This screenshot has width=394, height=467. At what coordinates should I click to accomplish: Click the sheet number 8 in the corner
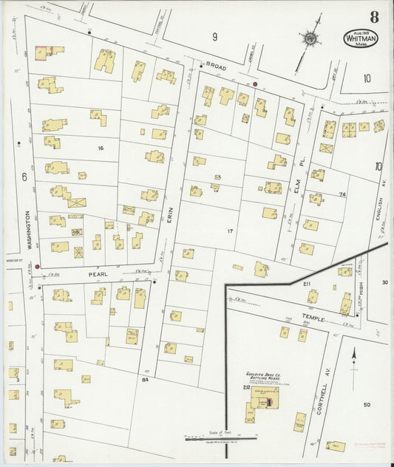(375, 16)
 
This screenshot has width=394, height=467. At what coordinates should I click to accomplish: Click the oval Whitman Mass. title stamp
(359, 38)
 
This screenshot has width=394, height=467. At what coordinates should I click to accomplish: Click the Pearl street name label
(98, 274)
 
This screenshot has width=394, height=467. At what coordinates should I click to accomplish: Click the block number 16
(100, 149)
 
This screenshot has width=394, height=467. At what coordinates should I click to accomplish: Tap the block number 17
(230, 231)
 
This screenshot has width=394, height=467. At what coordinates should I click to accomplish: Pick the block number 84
(145, 380)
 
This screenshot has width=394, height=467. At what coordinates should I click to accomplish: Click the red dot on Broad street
(255, 84)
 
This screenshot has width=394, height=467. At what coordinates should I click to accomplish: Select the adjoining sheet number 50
(366, 405)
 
